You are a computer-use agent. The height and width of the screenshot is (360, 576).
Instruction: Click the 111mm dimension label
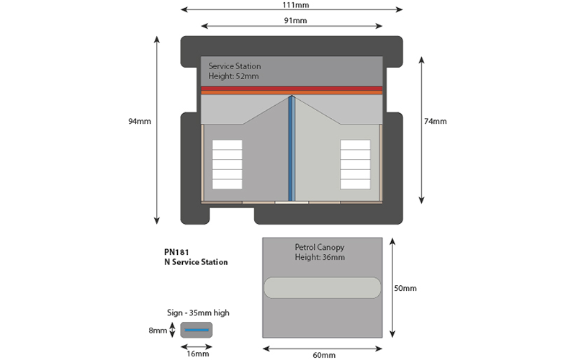tap(296, 5)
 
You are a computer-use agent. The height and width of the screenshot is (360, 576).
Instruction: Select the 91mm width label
tap(295, 21)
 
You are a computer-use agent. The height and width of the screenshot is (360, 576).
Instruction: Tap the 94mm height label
tap(140, 121)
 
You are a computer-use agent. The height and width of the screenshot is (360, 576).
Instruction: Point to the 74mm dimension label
tap(436, 121)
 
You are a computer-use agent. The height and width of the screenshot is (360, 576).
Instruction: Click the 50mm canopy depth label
tap(405, 289)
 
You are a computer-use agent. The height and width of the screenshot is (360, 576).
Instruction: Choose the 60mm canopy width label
tap(324, 355)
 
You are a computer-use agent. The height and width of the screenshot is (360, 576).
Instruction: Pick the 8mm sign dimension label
tap(158, 330)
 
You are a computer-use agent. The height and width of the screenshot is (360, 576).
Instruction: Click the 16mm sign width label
tap(197, 354)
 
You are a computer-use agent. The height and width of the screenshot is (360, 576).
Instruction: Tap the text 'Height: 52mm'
tap(233, 76)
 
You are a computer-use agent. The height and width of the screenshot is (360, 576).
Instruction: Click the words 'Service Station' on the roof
tap(235, 66)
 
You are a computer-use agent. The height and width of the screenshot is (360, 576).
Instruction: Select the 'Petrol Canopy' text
tap(320, 247)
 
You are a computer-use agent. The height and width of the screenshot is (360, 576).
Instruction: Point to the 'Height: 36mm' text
tap(320, 257)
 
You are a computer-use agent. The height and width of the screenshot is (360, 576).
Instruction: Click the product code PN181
tap(176, 253)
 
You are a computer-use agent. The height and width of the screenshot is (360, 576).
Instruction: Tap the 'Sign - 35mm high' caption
tap(198, 312)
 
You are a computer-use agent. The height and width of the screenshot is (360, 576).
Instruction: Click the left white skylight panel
tap(227, 165)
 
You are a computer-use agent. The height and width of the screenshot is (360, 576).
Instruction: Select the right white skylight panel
tap(355, 165)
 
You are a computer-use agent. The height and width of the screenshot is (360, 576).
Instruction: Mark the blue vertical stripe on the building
tap(291, 148)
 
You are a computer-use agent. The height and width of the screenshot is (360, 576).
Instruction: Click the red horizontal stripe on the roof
tap(292, 89)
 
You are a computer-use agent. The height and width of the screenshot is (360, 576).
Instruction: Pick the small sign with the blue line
tap(197, 330)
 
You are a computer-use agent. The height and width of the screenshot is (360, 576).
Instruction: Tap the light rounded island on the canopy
tap(323, 287)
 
